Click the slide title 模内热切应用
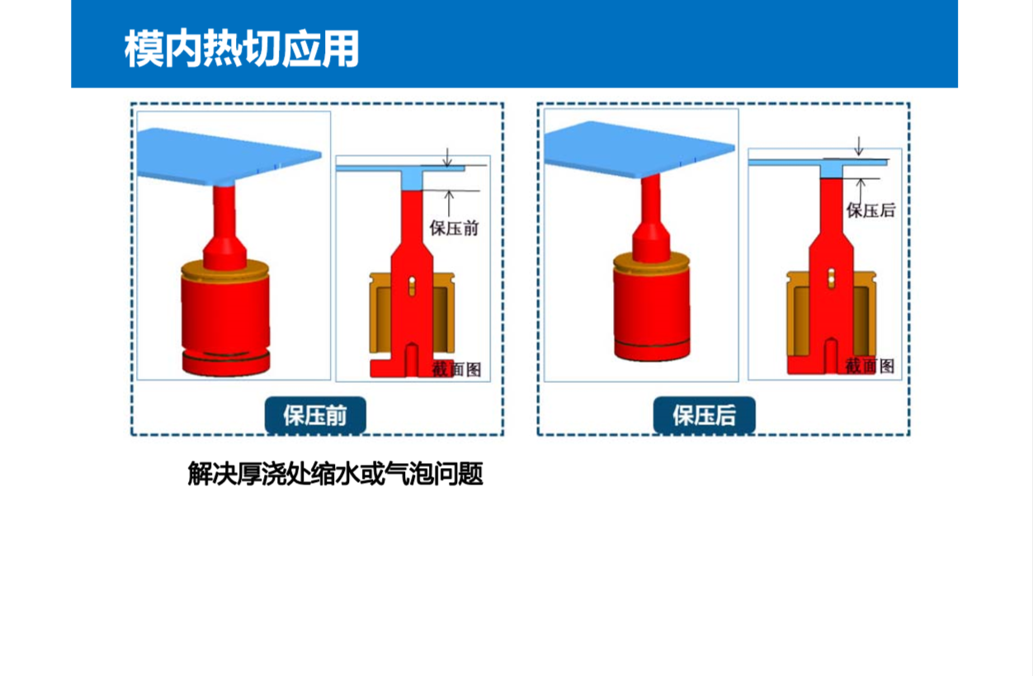coord(242,49)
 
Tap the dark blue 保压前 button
coord(315,415)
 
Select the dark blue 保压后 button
coord(704,415)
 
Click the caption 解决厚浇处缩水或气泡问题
coord(335,474)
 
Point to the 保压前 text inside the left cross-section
coord(455,229)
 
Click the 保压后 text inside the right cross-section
coord(870,210)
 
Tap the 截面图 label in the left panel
coord(456,369)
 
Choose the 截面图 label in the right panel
coord(870,366)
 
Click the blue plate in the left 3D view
coord(229,156)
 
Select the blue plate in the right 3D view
coord(639,149)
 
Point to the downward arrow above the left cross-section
coord(447,157)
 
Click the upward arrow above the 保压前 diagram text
coord(449,204)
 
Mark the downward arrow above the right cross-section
coord(858,146)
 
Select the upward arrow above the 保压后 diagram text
coord(860,191)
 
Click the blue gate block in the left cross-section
coord(412,177)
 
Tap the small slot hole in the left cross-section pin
coord(412,286)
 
